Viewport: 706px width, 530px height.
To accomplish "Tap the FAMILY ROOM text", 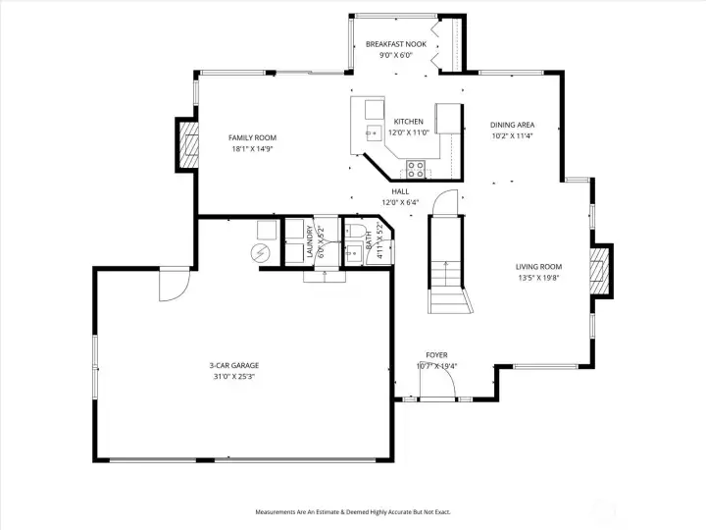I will (253, 138).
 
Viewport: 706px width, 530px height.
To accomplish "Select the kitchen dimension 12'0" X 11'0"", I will (409, 132).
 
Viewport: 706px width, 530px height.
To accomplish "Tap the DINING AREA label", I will (512, 125).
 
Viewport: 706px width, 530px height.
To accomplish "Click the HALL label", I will (400, 191).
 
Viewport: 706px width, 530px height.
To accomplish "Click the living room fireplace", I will (599, 270).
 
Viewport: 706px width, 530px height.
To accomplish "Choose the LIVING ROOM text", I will (539, 266).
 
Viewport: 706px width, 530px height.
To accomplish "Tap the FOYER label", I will (436, 355).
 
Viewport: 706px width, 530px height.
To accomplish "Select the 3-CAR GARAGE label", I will (233, 365).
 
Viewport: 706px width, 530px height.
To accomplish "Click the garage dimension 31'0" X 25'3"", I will (233, 377).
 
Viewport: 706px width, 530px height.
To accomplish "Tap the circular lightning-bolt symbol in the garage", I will (260, 254).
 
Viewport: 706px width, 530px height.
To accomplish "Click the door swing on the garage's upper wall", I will (171, 286).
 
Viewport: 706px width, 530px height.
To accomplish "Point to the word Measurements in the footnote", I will (277, 511).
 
